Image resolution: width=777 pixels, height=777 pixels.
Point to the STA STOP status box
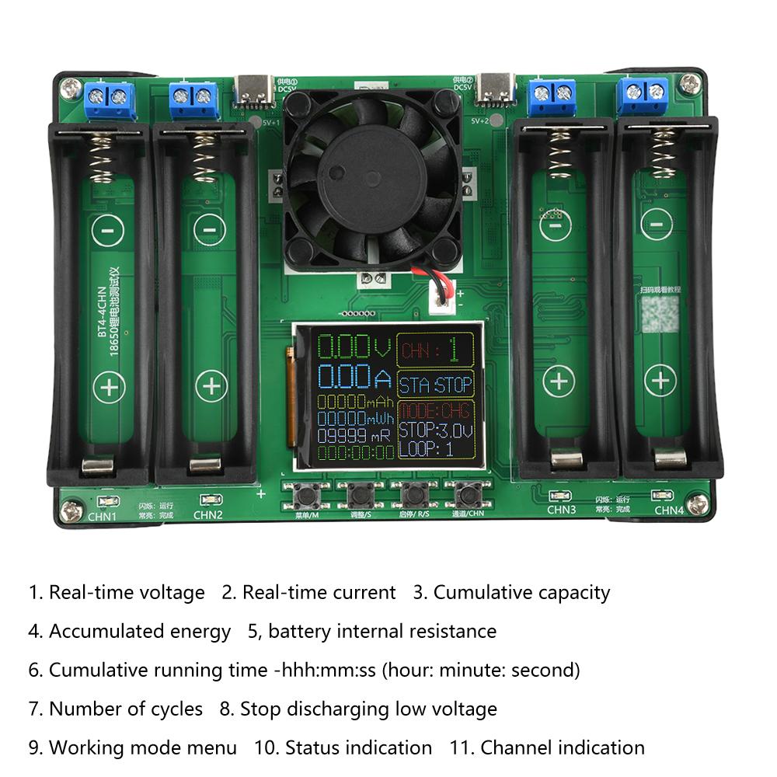click(x=435, y=385)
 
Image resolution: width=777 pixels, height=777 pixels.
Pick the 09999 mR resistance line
click(x=354, y=436)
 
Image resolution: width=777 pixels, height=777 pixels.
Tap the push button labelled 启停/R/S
click(x=413, y=494)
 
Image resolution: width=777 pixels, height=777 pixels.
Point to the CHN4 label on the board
click(x=668, y=510)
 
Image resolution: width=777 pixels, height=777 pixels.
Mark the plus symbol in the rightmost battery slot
click(x=660, y=380)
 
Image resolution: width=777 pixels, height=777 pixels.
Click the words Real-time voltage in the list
click(x=127, y=592)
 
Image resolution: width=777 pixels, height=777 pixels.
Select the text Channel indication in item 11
click(x=563, y=747)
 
